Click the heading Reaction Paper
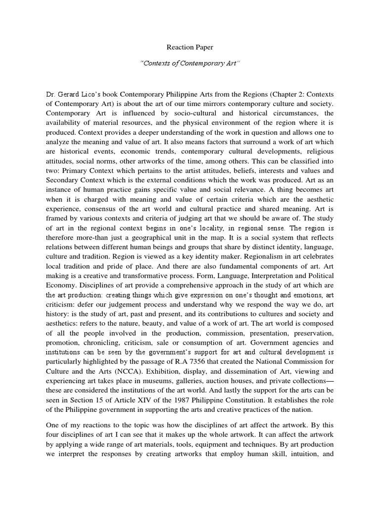click(x=190, y=48)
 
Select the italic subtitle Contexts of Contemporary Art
click(x=190, y=65)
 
